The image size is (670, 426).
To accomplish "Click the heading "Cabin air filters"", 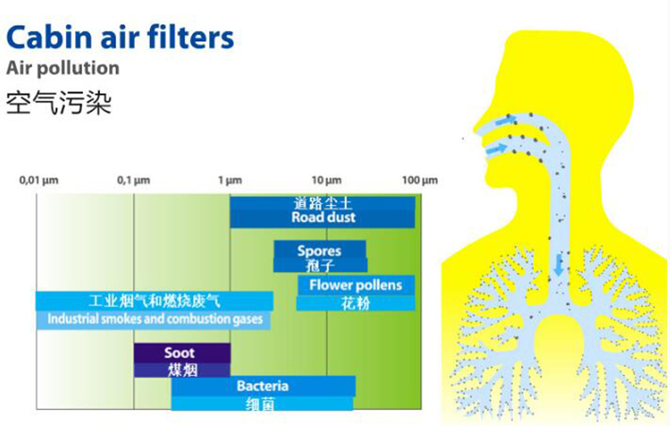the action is [x=120, y=38].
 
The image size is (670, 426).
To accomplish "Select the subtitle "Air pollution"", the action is [x=63, y=68].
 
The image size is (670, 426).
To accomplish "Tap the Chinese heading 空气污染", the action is [x=59, y=103].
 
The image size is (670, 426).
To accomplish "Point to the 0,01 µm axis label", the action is [x=38, y=180].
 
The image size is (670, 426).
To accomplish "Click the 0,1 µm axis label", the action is [x=133, y=180].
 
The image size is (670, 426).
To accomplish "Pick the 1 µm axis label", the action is [x=230, y=180].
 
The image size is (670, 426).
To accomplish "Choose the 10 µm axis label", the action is [x=326, y=180].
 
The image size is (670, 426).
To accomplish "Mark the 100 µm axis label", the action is [x=420, y=180].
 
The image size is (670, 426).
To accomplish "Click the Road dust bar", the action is [x=322, y=211].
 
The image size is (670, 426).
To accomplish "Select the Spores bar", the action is [x=320, y=257].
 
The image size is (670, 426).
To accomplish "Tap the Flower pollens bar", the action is [x=356, y=293].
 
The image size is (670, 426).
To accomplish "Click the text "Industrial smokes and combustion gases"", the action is [x=155, y=319].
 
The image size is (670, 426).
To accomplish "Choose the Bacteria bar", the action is [x=263, y=393].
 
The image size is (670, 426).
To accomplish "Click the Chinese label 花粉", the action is [x=356, y=303].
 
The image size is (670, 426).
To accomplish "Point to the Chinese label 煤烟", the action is [x=182, y=370].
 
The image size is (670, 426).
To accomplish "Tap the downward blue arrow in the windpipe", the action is [x=558, y=266].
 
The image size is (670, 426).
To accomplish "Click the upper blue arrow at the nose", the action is [x=507, y=121].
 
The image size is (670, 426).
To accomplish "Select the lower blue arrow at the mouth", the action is [x=496, y=149].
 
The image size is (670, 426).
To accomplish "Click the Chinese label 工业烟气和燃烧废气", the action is [x=155, y=301].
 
